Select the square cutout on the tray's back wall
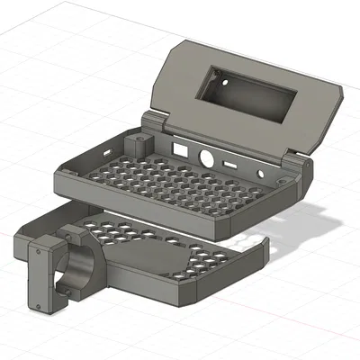pos(179,145)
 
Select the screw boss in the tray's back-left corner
pos(139,145)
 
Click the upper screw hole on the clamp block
pos(40,255)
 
